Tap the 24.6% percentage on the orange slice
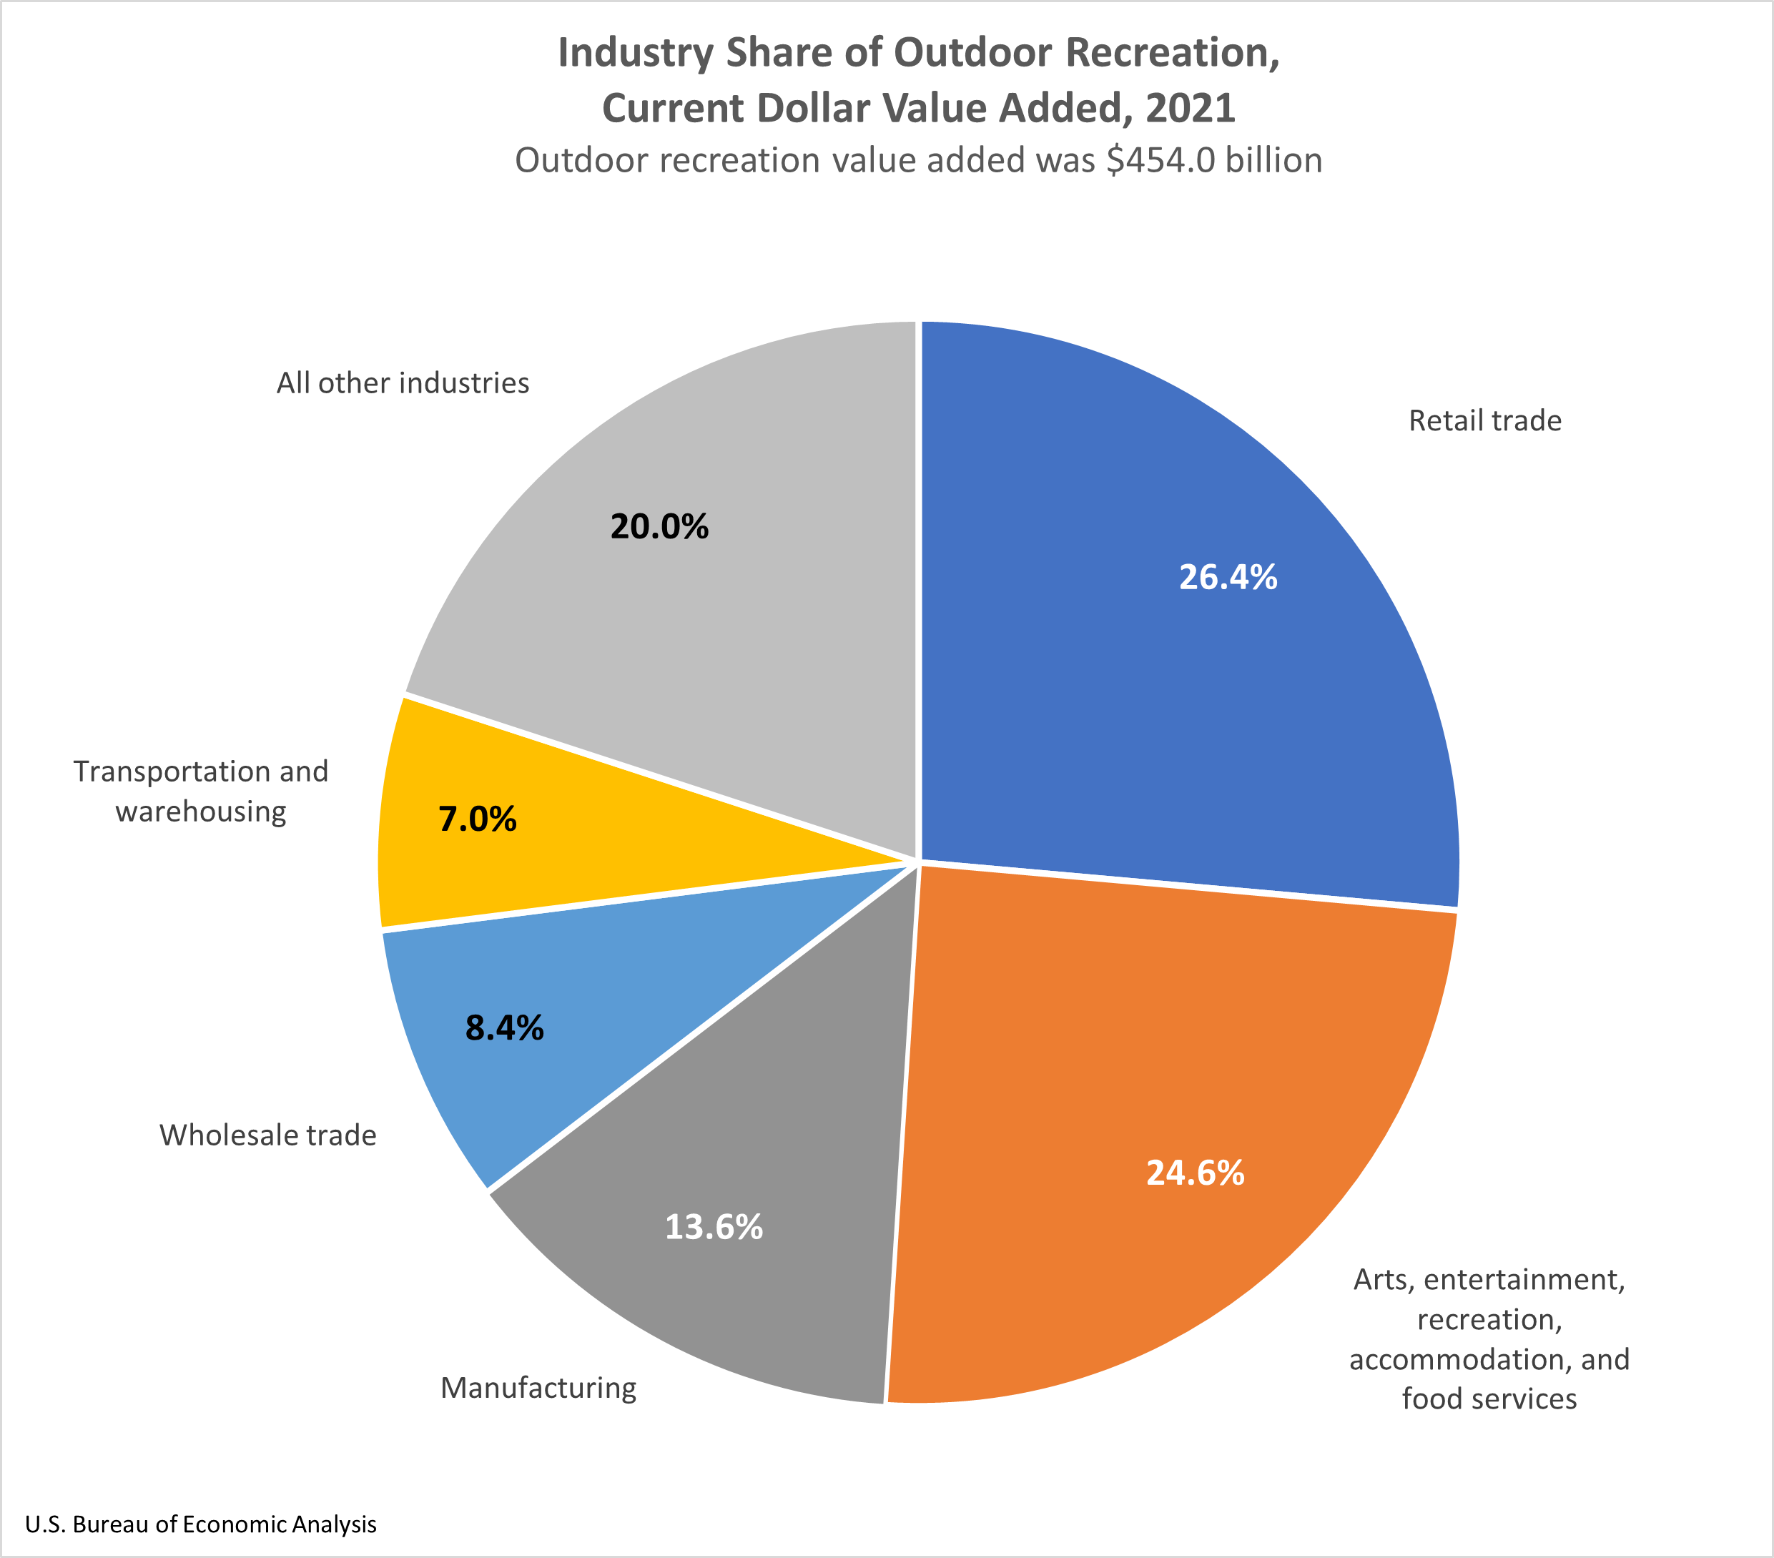1195,1173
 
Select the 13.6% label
714,1227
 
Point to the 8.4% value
504,1027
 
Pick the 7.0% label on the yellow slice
478,819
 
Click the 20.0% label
659,527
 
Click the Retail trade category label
1484,421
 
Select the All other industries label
403,383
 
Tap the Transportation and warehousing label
200,791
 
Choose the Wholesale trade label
267,1135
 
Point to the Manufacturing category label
538,1388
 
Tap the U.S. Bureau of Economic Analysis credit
200,1525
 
